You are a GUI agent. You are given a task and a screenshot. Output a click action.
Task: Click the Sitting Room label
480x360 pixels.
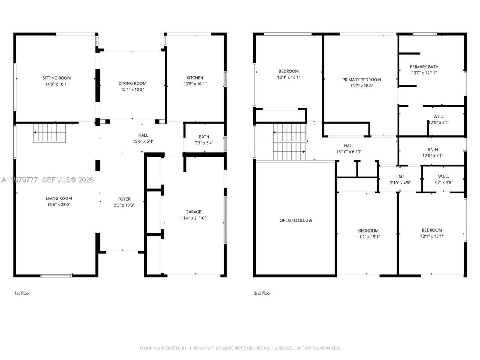[x=57, y=78]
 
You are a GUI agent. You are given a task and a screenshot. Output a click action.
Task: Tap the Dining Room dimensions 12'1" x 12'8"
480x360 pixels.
[x=132, y=90]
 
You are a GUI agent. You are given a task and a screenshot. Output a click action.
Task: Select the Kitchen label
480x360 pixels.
[x=195, y=78]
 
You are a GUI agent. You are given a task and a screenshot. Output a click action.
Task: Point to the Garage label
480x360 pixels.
[x=193, y=212]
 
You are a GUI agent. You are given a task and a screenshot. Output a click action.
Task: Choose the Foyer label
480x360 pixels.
[x=124, y=199]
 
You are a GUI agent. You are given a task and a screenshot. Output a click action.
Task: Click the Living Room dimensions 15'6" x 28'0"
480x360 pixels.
[x=59, y=205]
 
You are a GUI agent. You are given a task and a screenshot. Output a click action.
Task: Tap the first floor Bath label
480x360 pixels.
[x=204, y=137]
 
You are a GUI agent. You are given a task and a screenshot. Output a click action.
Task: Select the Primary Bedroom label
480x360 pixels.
[x=361, y=79]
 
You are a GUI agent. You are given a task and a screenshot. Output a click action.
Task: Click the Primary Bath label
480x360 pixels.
[x=424, y=67]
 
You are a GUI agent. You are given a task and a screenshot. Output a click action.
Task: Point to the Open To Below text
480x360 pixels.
[x=296, y=220]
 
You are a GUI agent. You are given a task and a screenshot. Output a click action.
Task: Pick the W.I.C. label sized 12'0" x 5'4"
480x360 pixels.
[x=439, y=116]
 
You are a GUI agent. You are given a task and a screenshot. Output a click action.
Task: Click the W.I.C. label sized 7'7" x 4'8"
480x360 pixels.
[x=443, y=176]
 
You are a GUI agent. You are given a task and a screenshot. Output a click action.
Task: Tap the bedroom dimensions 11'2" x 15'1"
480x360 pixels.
[x=368, y=237]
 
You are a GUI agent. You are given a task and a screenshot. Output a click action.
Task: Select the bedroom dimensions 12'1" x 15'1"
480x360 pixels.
[x=432, y=236]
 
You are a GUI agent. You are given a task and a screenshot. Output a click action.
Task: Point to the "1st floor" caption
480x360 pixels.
[x=22, y=293]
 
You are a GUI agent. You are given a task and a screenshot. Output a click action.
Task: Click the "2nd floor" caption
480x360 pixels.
[x=262, y=293]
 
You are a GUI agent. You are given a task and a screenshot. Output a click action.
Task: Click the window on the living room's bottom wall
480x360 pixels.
[x=56, y=276]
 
